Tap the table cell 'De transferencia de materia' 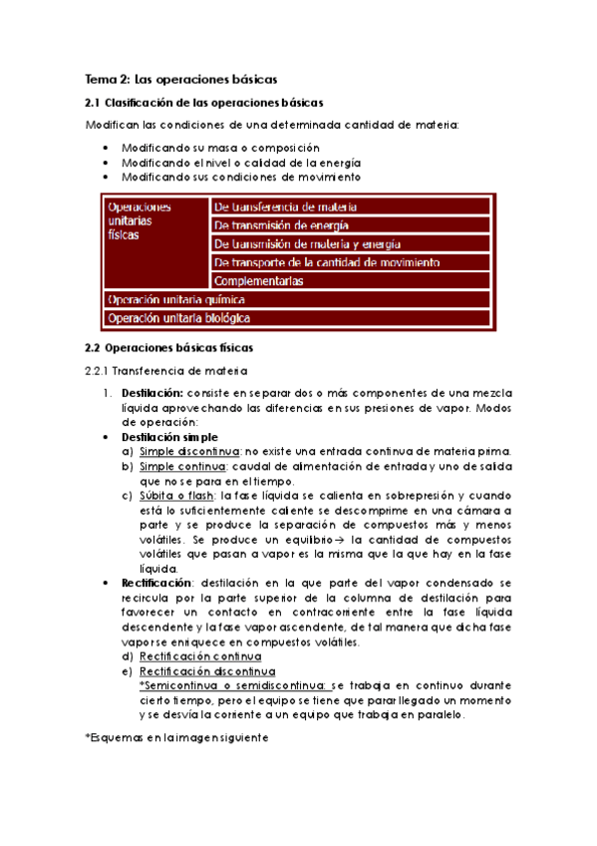[x=285, y=207]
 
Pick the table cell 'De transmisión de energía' [x=280, y=225]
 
